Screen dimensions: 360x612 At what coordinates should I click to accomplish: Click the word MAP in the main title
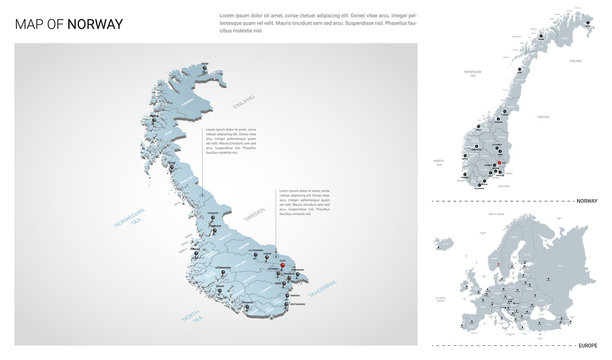coord(30,24)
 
